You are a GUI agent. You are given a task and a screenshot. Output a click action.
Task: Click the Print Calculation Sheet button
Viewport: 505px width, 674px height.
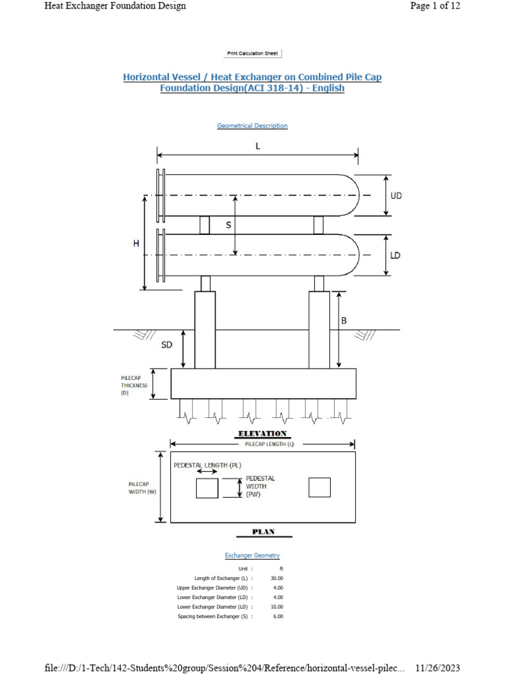(x=252, y=53)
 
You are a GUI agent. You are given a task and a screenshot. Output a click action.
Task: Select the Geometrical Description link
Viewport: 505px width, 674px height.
(x=252, y=126)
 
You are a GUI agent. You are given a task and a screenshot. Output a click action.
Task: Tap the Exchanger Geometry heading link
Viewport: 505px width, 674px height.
(x=252, y=556)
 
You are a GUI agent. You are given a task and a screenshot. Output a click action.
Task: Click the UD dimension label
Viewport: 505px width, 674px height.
(x=396, y=195)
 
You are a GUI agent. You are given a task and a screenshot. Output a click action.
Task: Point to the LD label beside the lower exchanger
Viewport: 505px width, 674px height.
(x=395, y=255)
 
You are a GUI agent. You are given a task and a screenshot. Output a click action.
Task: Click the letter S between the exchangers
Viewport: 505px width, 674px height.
(x=228, y=225)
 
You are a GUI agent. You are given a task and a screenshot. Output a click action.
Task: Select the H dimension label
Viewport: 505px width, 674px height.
(x=136, y=244)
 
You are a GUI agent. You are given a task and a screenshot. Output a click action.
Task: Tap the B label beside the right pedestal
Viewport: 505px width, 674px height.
(x=343, y=321)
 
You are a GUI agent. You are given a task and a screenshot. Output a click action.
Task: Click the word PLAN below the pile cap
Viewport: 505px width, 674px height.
(x=262, y=531)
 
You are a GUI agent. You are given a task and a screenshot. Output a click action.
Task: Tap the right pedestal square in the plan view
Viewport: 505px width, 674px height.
(x=320, y=488)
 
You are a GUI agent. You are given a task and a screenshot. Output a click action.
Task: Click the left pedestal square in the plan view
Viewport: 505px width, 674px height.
(x=207, y=488)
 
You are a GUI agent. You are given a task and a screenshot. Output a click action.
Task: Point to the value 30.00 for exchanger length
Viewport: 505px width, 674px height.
(x=277, y=578)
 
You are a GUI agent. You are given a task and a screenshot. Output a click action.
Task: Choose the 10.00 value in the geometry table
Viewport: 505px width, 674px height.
(x=277, y=607)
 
